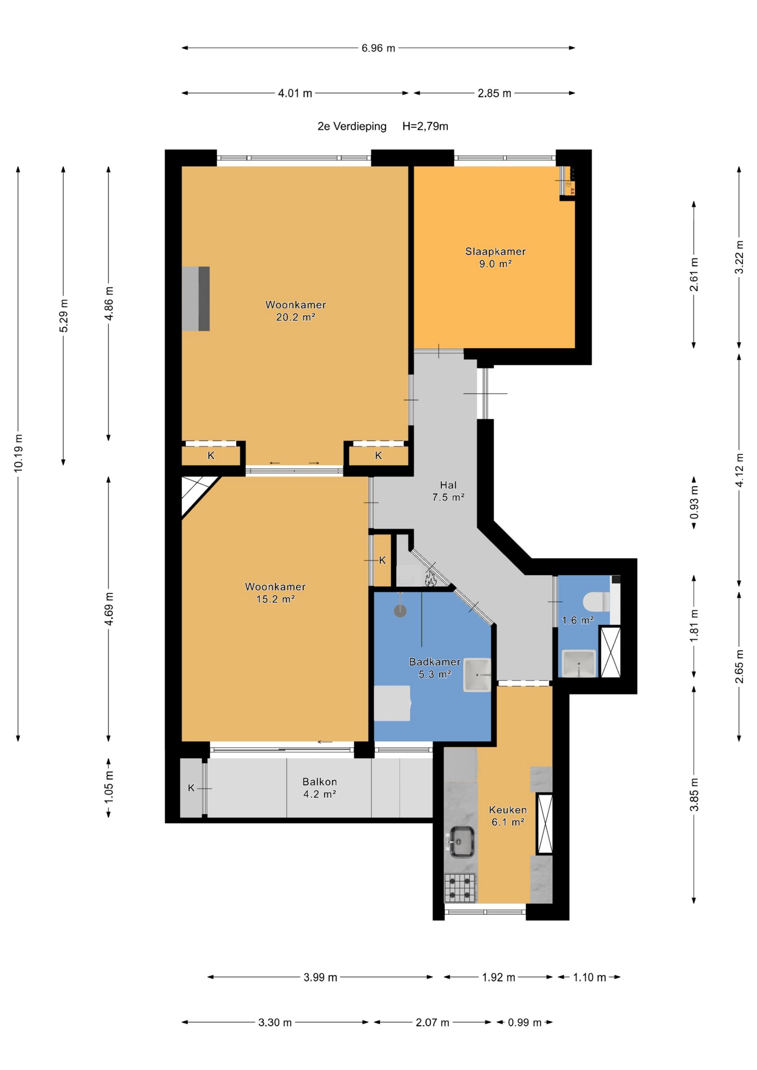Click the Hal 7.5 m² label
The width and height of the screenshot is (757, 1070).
(448, 491)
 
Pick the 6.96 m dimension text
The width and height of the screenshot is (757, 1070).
(378, 48)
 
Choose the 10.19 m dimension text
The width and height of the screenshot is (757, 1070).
(18, 453)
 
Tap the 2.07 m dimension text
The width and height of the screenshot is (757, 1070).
(432, 1022)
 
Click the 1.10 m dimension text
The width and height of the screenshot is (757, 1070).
(589, 977)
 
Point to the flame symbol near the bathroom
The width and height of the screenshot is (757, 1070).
(430, 579)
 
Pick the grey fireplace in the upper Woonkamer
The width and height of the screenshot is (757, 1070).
(196, 299)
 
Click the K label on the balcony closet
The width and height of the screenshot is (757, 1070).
(191, 788)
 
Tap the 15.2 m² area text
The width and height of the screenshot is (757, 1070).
(275, 599)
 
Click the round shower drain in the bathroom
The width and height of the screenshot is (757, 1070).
(400, 611)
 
